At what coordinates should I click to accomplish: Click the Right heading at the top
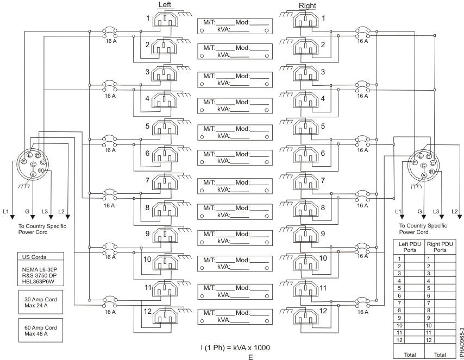[x=307, y=5]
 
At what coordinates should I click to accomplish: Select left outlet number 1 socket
[x=164, y=21]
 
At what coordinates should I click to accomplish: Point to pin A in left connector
[x=33, y=174]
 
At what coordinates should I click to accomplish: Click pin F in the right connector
[x=415, y=162]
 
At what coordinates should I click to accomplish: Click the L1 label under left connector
[x=6, y=211]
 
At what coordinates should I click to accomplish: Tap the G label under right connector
[x=419, y=211]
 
